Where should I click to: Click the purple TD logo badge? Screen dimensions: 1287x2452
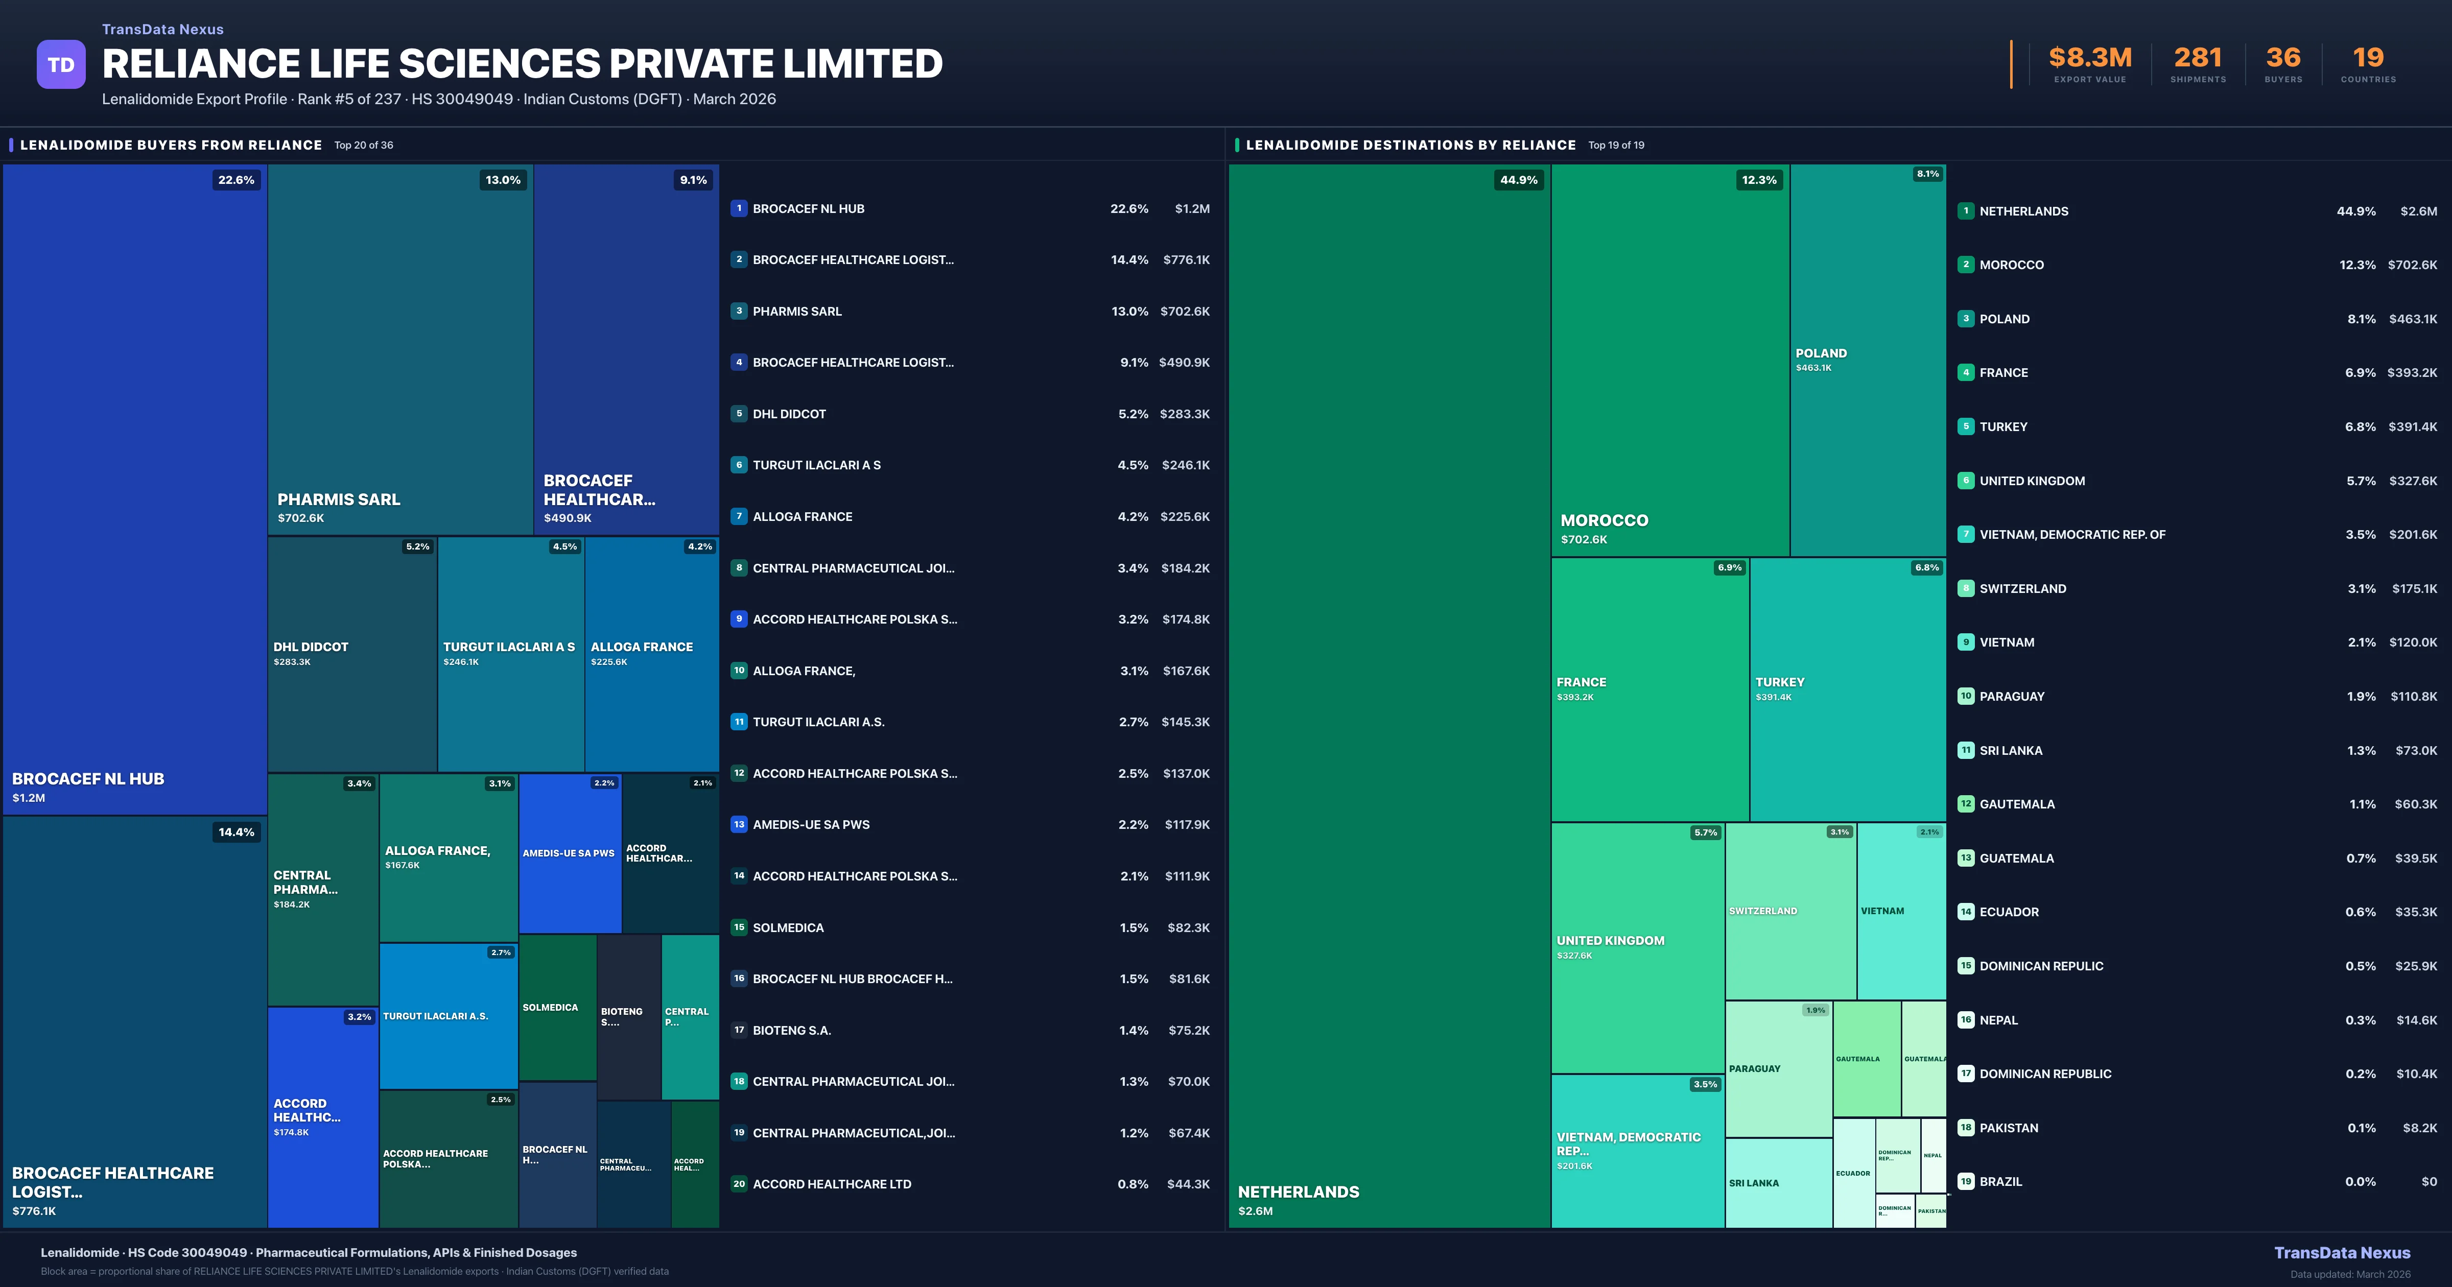coord(61,65)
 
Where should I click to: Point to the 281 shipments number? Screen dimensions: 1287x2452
coord(2197,58)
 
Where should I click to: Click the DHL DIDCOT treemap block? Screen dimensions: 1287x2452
coord(352,654)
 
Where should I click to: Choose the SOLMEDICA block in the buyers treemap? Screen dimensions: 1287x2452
coord(557,1007)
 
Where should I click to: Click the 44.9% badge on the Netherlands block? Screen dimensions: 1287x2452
coord(1518,180)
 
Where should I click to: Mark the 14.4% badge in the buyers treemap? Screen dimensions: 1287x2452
coord(236,832)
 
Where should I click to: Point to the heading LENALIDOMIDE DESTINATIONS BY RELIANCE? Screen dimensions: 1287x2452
coord(1410,145)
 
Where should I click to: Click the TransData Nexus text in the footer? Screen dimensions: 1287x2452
coord(2342,1253)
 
